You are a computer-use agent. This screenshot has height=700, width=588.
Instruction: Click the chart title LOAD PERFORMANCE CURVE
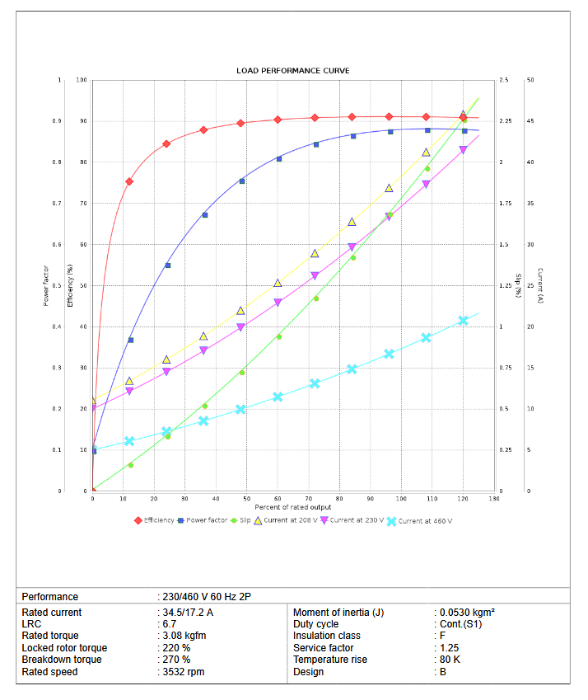tap(292, 71)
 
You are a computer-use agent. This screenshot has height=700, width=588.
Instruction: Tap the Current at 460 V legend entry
tap(425, 521)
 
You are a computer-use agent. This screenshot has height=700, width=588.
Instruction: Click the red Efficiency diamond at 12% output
tap(129, 181)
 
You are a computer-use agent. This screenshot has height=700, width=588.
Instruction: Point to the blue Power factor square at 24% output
tap(167, 265)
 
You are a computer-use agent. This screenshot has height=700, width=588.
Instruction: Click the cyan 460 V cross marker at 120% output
tap(463, 321)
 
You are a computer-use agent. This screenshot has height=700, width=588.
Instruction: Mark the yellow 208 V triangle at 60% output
tap(278, 284)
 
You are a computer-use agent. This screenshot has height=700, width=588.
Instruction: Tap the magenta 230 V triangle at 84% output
tap(352, 247)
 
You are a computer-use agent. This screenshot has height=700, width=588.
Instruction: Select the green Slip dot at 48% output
tap(242, 373)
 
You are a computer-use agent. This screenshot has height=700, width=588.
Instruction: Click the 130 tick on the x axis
tap(493, 499)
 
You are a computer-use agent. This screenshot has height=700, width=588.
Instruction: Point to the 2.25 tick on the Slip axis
tap(506, 121)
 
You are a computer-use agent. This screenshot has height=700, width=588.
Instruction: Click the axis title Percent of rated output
tap(292, 506)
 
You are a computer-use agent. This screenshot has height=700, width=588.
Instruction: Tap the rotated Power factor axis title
tap(46, 285)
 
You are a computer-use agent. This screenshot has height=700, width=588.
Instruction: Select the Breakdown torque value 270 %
tap(175, 660)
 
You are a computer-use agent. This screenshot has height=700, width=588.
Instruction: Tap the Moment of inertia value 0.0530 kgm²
tap(466, 612)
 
